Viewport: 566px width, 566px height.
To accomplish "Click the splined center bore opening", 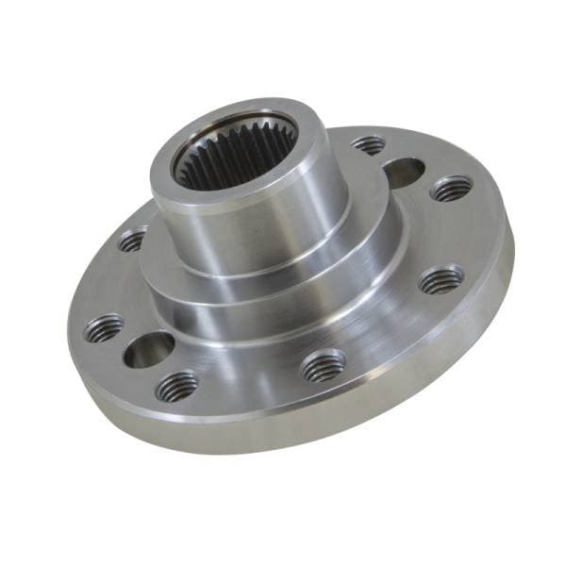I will [x=236, y=151].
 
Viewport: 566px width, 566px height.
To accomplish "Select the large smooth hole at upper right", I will [x=404, y=173].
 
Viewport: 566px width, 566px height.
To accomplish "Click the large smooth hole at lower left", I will [x=148, y=350].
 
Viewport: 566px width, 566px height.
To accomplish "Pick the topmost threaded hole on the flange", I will [x=369, y=144].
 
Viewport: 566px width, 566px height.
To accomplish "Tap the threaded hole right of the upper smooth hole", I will [x=451, y=189].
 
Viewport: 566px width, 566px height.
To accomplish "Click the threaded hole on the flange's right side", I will [x=441, y=279].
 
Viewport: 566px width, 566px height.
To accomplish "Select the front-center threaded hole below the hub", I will [x=324, y=365].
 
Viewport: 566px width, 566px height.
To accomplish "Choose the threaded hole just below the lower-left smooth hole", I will [x=177, y=385].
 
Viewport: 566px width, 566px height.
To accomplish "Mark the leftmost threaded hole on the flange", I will [x=103, y=328].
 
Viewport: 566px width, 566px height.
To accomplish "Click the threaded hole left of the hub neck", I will [x=133, y=241].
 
